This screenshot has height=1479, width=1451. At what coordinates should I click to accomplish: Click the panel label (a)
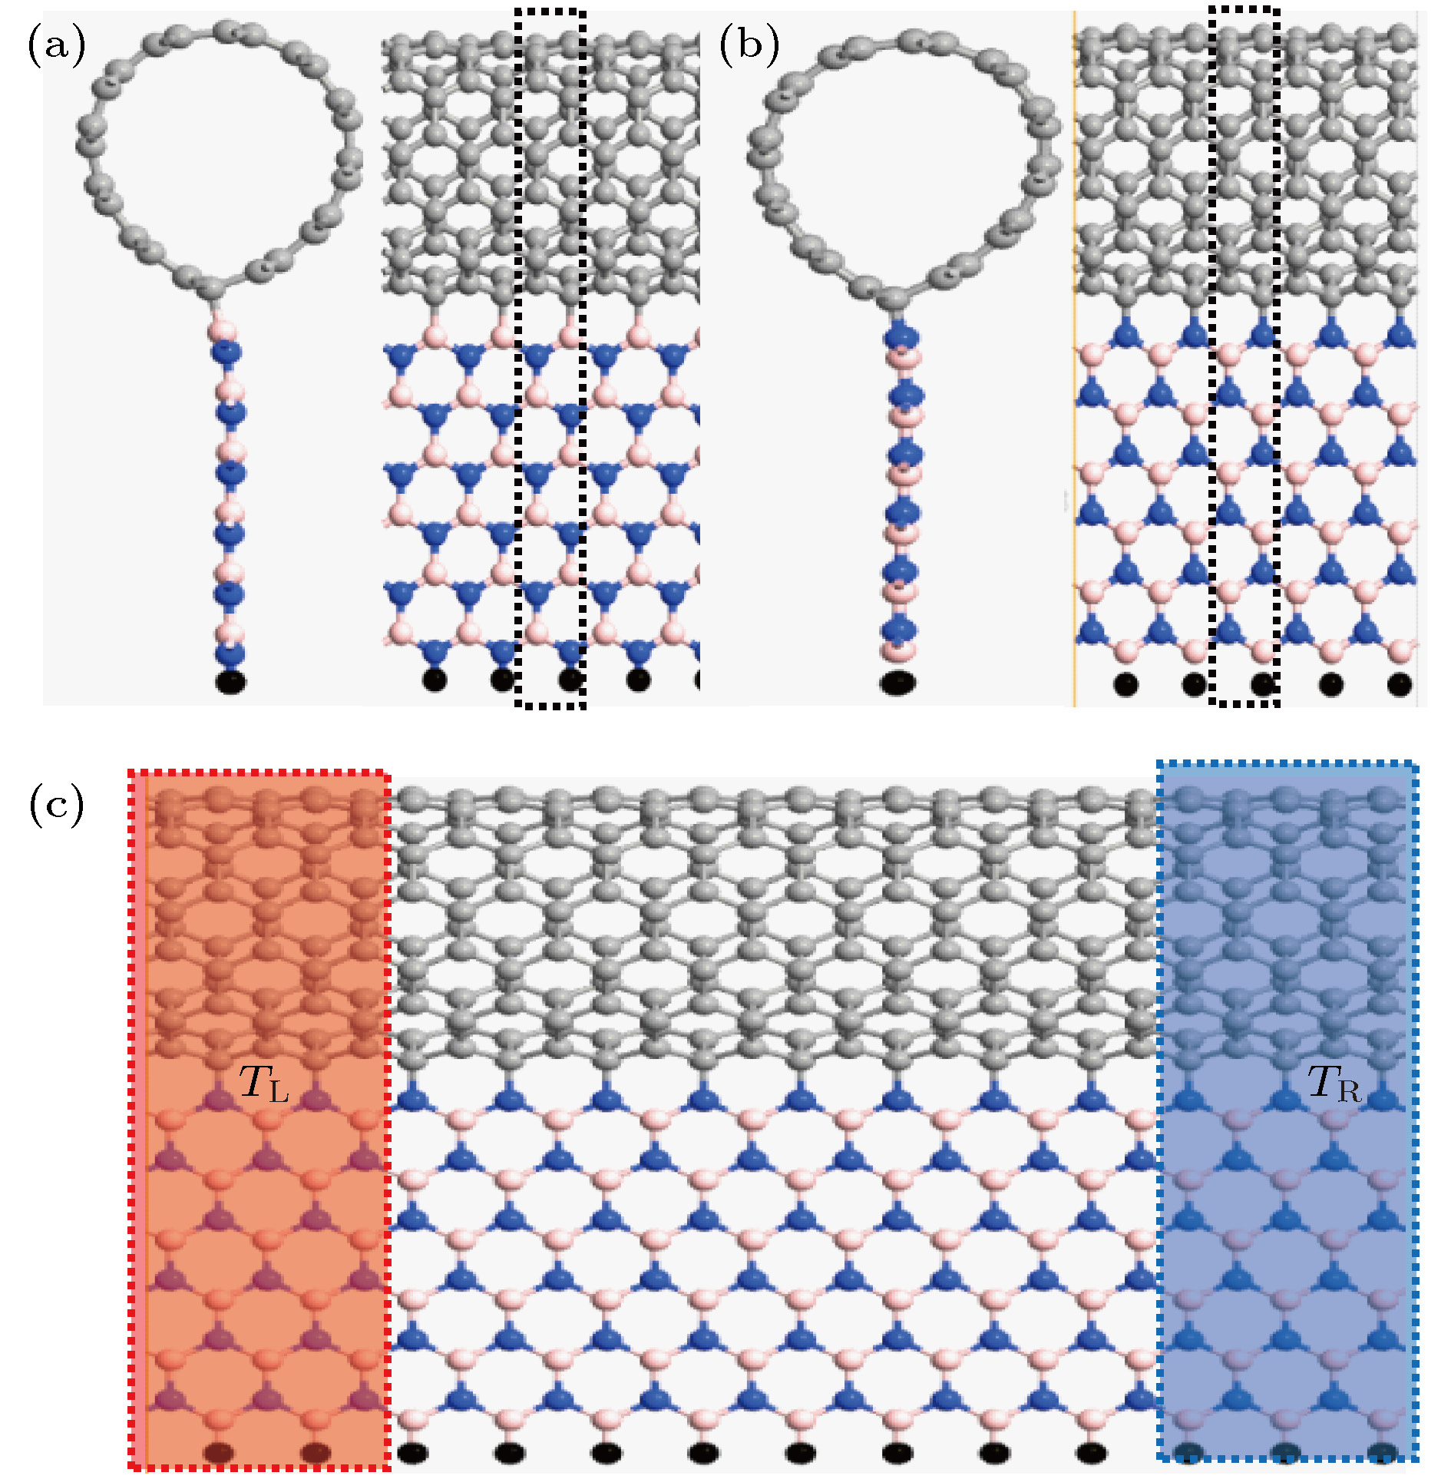[57, 45]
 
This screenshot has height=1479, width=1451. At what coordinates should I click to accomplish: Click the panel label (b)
[749, 45]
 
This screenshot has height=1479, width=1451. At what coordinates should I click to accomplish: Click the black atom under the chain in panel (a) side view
[231, 682]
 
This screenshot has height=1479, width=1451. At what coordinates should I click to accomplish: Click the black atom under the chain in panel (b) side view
[897, 682]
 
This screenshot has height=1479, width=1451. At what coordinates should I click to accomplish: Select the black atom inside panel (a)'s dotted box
[570, 680]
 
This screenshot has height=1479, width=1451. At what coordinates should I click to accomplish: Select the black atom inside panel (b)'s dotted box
[1263, 683]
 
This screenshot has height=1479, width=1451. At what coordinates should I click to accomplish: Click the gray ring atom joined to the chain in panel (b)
[894, 299]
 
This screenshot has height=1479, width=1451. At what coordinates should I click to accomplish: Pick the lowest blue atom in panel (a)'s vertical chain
[230, 653]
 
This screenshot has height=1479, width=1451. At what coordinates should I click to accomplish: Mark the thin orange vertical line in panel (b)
[1074, 358]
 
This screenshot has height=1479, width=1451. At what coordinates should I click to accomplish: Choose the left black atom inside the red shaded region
[220, 1453]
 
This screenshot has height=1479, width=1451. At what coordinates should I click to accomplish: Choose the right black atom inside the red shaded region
[316, 1453]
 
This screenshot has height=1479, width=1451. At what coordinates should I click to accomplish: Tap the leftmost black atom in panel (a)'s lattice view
[435, 680]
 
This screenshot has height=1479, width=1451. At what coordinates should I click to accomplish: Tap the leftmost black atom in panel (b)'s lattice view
[1126, 683]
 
